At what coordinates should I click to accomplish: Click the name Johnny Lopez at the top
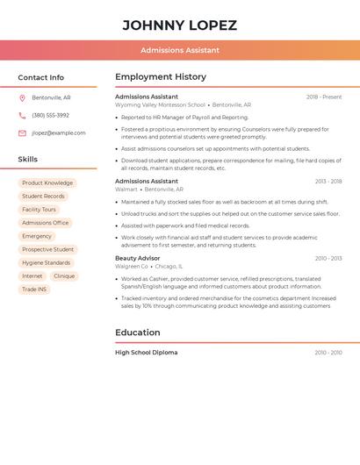[180, 25]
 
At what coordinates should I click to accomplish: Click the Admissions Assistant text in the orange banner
[180, 50]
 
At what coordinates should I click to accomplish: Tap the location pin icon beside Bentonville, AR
[22, 97]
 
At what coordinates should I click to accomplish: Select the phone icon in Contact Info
[22, 115]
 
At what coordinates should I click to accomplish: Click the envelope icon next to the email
[22, 132]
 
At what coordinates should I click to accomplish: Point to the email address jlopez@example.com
[59, 132]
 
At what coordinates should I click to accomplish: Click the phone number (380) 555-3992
[50, 115]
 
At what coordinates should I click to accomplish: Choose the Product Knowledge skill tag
[47, 183]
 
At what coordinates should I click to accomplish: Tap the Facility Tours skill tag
[39, 210]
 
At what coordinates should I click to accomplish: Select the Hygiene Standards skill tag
[46, 262]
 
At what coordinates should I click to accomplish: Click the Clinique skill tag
[64, 275]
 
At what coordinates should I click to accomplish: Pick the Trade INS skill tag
[34, 289]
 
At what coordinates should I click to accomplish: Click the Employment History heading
[161, 77]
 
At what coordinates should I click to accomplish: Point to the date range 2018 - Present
[324, 97]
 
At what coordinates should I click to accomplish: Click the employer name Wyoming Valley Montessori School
[160, 104]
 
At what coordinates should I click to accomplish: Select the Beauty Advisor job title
[138, 258]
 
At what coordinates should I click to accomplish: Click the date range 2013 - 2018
[328, 181]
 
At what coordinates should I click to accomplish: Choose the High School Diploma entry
[146, 352]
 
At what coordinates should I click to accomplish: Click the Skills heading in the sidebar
[28, 159]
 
